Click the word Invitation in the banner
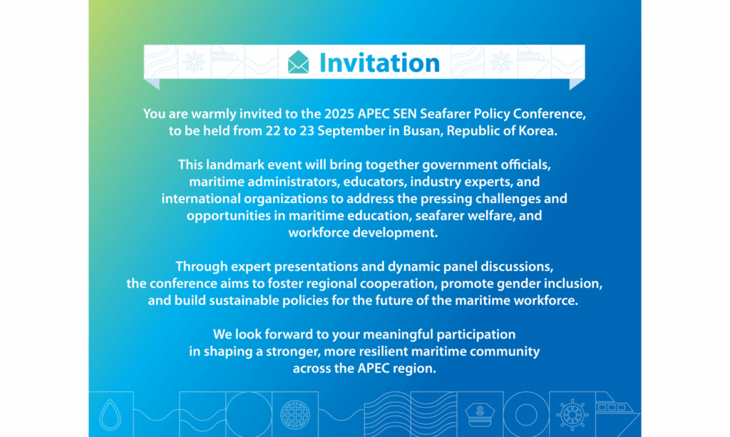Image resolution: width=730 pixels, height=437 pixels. (379, 63)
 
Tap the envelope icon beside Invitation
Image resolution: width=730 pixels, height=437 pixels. (298, 62)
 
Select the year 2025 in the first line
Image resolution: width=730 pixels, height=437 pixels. (339, 114)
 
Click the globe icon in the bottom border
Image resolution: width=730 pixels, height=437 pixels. (294, 414)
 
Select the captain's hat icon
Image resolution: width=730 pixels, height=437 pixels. (480, 415)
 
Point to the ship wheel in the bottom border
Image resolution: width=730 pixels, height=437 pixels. (572, 414)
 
